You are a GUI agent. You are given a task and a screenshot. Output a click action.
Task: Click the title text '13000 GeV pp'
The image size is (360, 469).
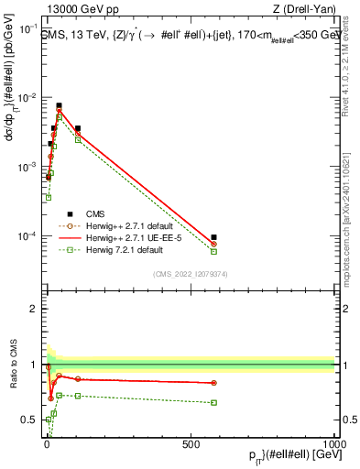pyautogui.click(x=73, y=10)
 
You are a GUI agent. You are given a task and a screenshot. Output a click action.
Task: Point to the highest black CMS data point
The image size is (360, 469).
pyautogui.click(x=60, y=106)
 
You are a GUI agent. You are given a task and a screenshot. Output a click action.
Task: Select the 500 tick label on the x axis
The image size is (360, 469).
pyautogui.click(x=190, y=443)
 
